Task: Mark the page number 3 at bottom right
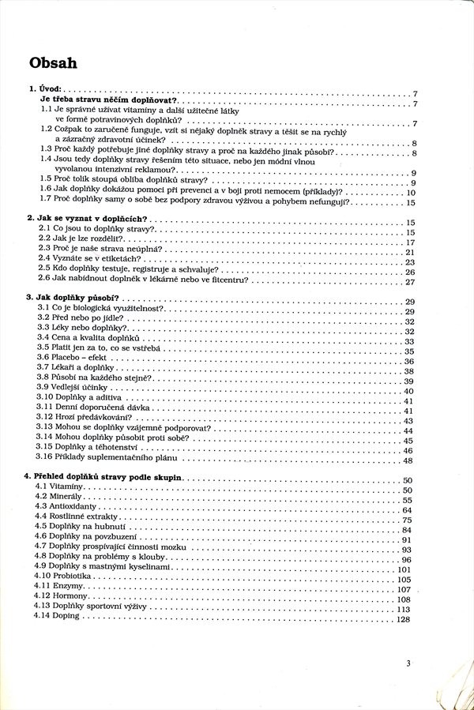point(408,663)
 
